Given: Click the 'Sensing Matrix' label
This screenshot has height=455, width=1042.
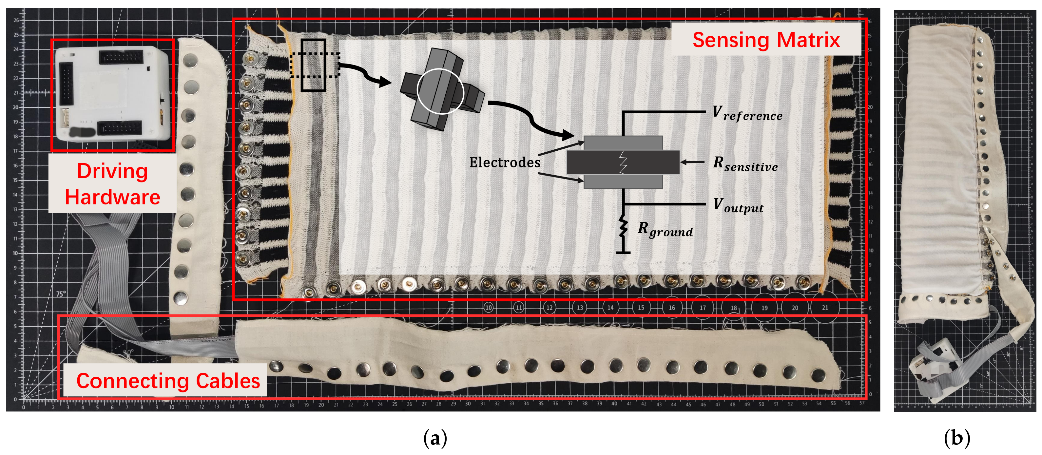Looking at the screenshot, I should [766, 40].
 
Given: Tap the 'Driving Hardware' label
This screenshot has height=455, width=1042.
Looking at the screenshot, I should [112, 184].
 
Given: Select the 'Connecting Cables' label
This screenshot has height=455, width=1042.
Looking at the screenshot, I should [168, 381].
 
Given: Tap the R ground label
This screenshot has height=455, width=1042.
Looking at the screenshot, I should [665, 229].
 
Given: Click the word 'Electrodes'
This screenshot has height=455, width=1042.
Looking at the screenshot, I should [504, 162].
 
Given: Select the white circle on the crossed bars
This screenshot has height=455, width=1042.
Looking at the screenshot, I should [440, 91].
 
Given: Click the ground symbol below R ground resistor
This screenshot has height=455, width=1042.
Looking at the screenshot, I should [623, 252].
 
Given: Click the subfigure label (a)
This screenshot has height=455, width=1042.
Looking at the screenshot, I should [435, 438].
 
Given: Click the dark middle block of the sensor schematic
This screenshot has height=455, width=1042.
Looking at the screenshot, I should [623, 162].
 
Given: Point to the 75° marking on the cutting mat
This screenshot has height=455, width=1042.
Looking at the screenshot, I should [61, 294].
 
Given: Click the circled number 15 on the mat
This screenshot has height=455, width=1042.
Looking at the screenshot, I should [641, 307].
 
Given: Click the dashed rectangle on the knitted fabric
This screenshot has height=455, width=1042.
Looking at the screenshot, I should [315, 65].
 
